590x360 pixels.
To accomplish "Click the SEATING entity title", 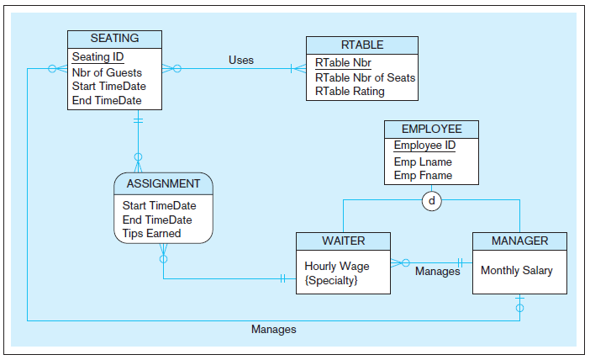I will click(114, 39).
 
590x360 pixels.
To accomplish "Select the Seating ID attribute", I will click(98, 57).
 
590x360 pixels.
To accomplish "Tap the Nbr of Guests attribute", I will click(107, 73).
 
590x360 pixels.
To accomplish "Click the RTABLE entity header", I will click(362, 45).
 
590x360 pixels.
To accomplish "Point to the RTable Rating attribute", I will click(350, 91).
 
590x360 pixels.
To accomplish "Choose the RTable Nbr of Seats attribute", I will click(365, 77).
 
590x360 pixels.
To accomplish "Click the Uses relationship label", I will click(241, 61).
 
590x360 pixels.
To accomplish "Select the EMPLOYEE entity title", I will click(431, 129).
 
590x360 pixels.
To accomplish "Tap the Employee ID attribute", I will click(424, 146).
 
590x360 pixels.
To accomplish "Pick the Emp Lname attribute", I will click(423, 161).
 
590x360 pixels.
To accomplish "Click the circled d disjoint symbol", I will click(432, 200).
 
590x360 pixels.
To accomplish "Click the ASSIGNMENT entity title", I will click(163, 183).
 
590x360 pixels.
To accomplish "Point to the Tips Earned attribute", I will click(151, 233).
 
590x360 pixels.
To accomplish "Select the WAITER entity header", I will click(344, 241).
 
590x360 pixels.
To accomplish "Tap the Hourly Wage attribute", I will click(336, 266).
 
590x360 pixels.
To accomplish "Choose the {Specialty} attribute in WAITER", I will click(331, 279).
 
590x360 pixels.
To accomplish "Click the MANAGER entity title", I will click(519, 241).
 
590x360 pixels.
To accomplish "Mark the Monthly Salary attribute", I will click(517, 271).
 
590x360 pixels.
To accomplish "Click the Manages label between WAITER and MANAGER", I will click(437, 272).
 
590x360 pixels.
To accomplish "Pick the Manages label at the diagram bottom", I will click(273, 329).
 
